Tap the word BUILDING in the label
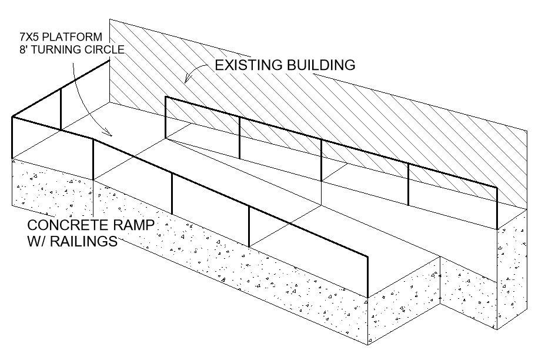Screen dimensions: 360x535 coord(323,65)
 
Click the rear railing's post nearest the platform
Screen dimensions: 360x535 coord(166,117)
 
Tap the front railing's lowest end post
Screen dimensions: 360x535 coord(368,276)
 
